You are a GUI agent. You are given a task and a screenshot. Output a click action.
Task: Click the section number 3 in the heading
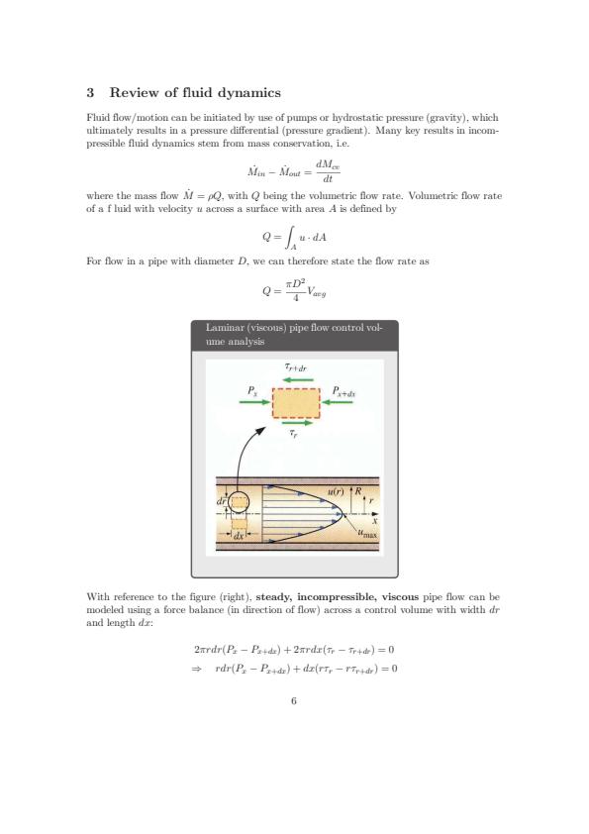coord(91,93)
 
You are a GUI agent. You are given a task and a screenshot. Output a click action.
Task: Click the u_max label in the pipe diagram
coord(368,535)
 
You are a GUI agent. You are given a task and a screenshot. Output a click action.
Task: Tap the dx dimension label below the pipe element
coord(239,536)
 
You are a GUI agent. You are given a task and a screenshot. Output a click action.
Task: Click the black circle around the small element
coord(239,500)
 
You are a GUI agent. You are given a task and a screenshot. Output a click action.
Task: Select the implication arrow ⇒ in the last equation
coord(196,668)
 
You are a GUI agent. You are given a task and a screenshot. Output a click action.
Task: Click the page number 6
coord(294,701)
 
